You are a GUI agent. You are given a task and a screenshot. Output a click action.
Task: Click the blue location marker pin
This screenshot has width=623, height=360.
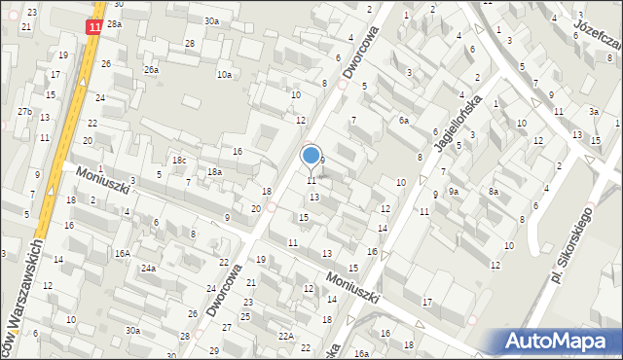point(311,156)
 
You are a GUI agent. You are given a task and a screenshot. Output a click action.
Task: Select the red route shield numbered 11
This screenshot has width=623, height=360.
point(94,29)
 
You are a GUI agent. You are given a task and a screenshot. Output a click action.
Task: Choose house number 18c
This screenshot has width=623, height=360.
point(178,161)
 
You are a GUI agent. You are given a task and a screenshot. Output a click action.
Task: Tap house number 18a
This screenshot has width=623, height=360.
point(214,172)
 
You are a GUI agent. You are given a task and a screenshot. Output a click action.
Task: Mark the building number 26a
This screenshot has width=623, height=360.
point(151,70)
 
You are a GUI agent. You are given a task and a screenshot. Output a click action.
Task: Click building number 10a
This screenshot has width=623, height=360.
point(225,75)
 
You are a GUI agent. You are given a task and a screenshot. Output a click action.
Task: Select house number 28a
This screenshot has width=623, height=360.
point(115,23)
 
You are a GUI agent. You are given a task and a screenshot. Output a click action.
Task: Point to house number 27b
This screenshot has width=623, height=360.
point(24,112)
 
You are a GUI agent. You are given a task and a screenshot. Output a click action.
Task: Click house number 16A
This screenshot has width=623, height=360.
point(122,253)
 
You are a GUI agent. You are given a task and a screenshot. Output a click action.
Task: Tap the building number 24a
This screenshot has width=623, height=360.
point(148,268)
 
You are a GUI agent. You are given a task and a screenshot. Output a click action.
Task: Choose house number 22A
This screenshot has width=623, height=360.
point(285,336)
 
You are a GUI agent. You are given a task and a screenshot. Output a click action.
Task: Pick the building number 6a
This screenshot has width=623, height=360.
point(403,121)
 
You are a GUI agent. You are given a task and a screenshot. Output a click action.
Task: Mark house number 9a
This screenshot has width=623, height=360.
point(453,192)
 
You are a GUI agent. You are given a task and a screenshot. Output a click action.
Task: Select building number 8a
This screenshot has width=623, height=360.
point(494,192)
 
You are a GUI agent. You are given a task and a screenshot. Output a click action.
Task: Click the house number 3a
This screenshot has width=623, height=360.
point(592,112)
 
